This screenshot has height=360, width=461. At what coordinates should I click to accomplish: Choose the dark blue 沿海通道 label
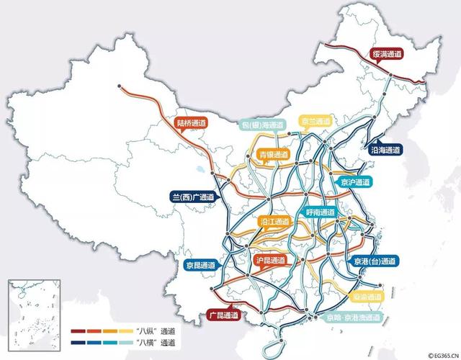(x=385, y=150)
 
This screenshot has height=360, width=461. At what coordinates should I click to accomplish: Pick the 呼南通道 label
(x=319, y=212)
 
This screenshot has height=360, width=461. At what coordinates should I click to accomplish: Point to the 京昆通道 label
(x=199, y=264)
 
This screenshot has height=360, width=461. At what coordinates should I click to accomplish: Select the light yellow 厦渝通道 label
(x=367, y=296)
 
